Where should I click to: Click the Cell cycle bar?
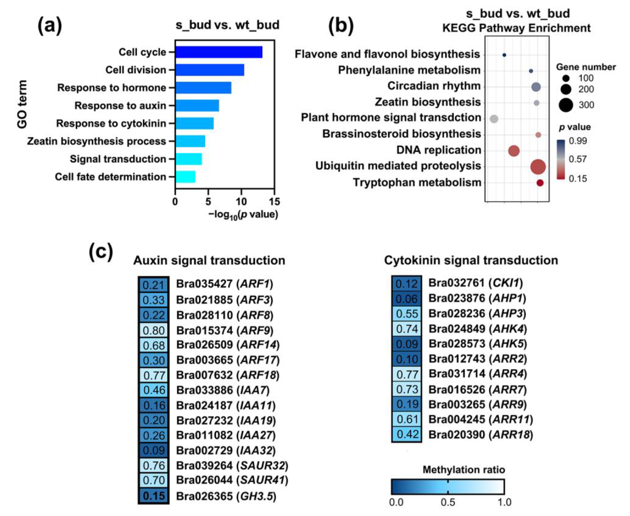[219, 52]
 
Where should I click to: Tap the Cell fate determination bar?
[185, 177]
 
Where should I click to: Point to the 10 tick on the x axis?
[241, 202]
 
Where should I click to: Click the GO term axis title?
[22, 104]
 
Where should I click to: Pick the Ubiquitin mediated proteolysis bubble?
[538, 167]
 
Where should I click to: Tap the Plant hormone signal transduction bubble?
[494, 119]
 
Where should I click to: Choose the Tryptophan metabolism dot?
[540, 183]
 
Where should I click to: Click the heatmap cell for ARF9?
[153, 330]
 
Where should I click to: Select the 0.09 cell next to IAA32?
[153, 450]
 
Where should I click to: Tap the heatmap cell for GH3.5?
[153, 496]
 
